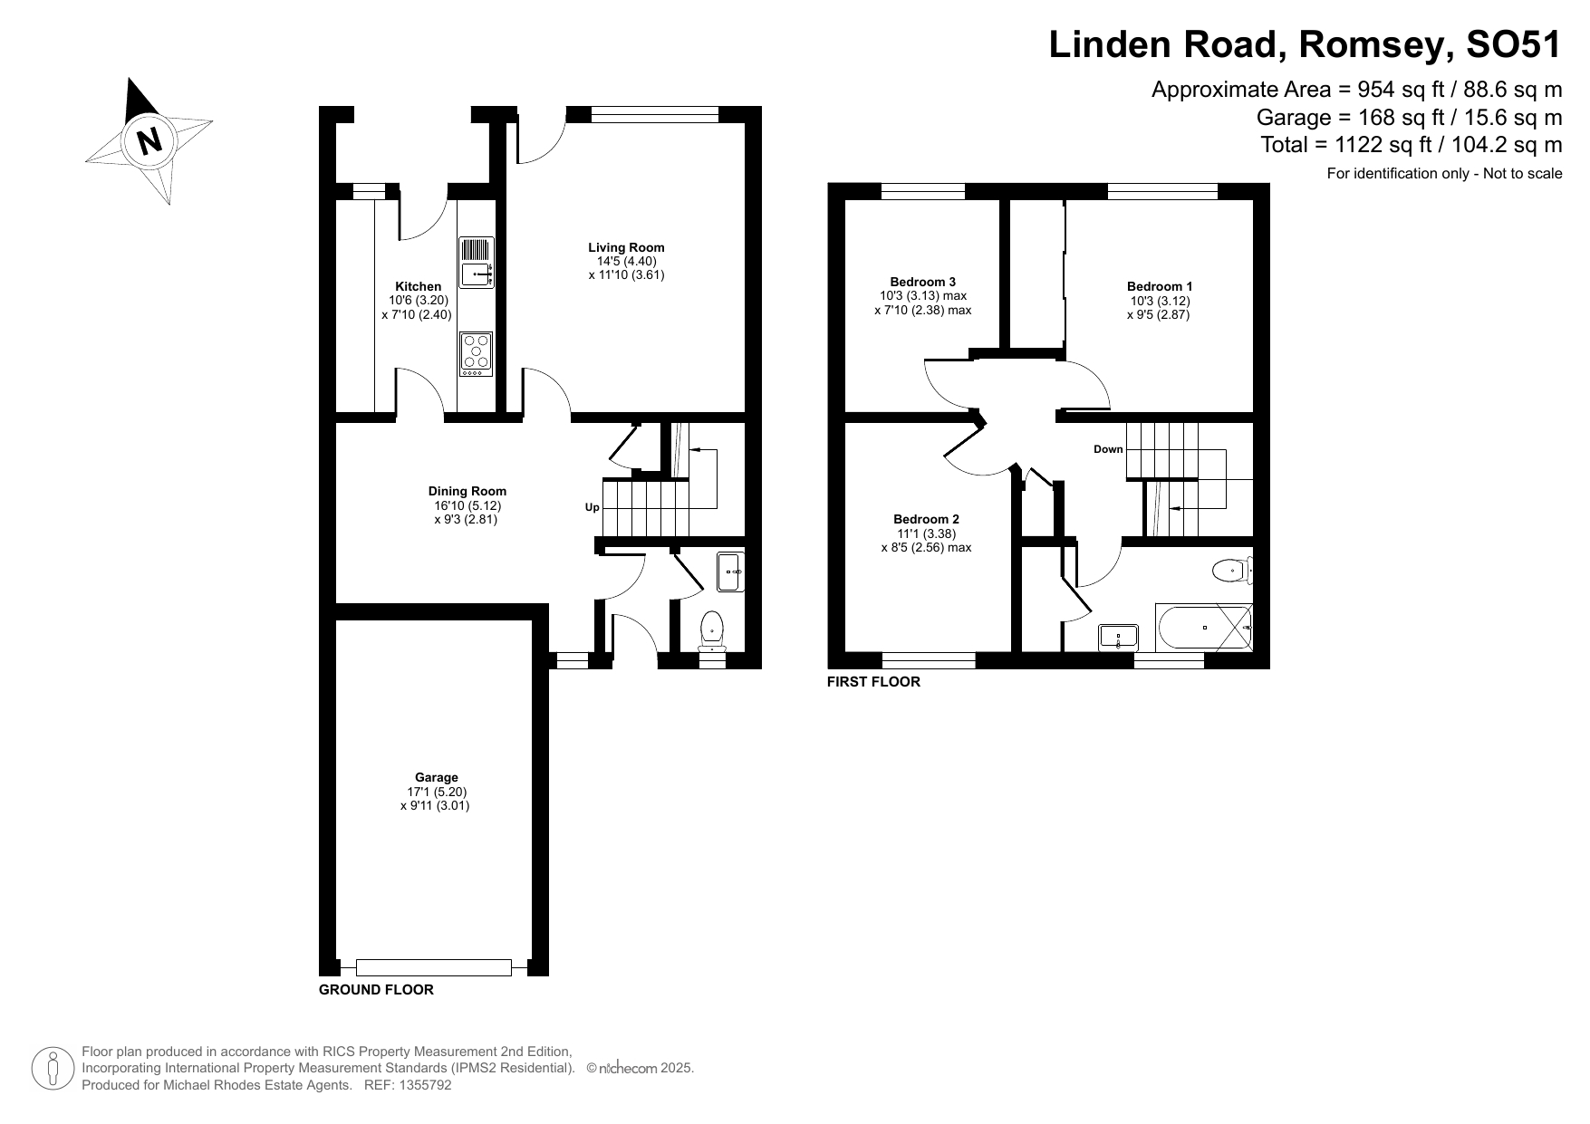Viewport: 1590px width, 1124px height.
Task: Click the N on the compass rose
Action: tap(149, 141)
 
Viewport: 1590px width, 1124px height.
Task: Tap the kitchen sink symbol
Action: tap(477, 263)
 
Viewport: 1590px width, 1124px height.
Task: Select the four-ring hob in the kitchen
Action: tap(477, 354)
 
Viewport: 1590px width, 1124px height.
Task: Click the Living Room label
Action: tap(626, 247)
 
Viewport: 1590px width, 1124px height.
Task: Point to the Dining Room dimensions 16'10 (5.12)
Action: tap(467, 505)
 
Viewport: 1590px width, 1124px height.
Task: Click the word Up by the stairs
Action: tap(592, 507)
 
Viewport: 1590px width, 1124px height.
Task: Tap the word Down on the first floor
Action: tap(1107, 449)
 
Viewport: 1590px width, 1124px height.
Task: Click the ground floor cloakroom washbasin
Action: tap(730, 572)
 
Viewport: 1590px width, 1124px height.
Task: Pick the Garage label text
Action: tap(436, 777)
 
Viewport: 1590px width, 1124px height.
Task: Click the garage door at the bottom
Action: tap(433, 967)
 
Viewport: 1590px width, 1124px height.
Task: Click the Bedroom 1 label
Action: tap(1159, 286)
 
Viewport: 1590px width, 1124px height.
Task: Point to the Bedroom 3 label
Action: tap(922, 282)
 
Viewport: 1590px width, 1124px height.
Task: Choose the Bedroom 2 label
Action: tap(926, 519)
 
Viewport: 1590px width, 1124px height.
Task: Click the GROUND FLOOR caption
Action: tap(376, 990)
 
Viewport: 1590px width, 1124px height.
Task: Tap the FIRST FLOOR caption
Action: tap(873, 682)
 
